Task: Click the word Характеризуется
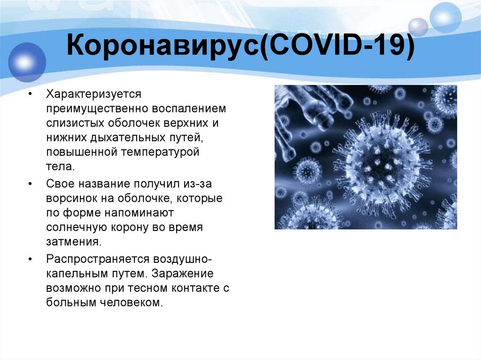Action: pyautogui.click(x=93, y=94)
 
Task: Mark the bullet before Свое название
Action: pyautogui.click(x=31, y=184)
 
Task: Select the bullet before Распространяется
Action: pyautogui.click(x=31, y=260)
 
